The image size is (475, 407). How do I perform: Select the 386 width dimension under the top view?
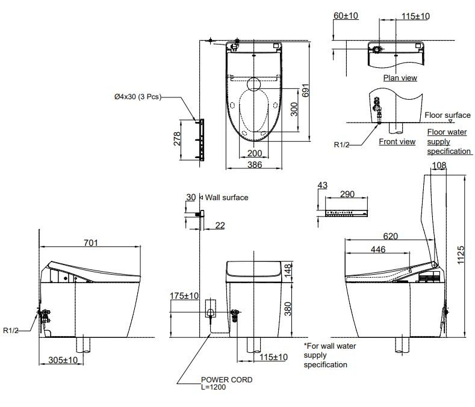(255, 164)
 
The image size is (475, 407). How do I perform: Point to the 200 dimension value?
(255, 153)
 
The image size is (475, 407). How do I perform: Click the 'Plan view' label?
(400, 78)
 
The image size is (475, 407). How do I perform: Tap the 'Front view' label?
(397, 142)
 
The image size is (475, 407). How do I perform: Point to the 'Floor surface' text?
(447, 115)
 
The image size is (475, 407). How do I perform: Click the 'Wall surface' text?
(227, 197)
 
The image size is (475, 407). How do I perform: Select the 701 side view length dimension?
(90, 243)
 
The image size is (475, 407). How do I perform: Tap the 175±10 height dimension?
(184, 296)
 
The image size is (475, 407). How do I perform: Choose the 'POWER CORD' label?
(226, 380)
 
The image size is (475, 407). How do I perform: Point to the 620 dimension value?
(391, 236)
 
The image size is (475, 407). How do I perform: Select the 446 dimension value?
(377, 249)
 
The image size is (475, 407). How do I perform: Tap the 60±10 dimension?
(346, 16)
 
